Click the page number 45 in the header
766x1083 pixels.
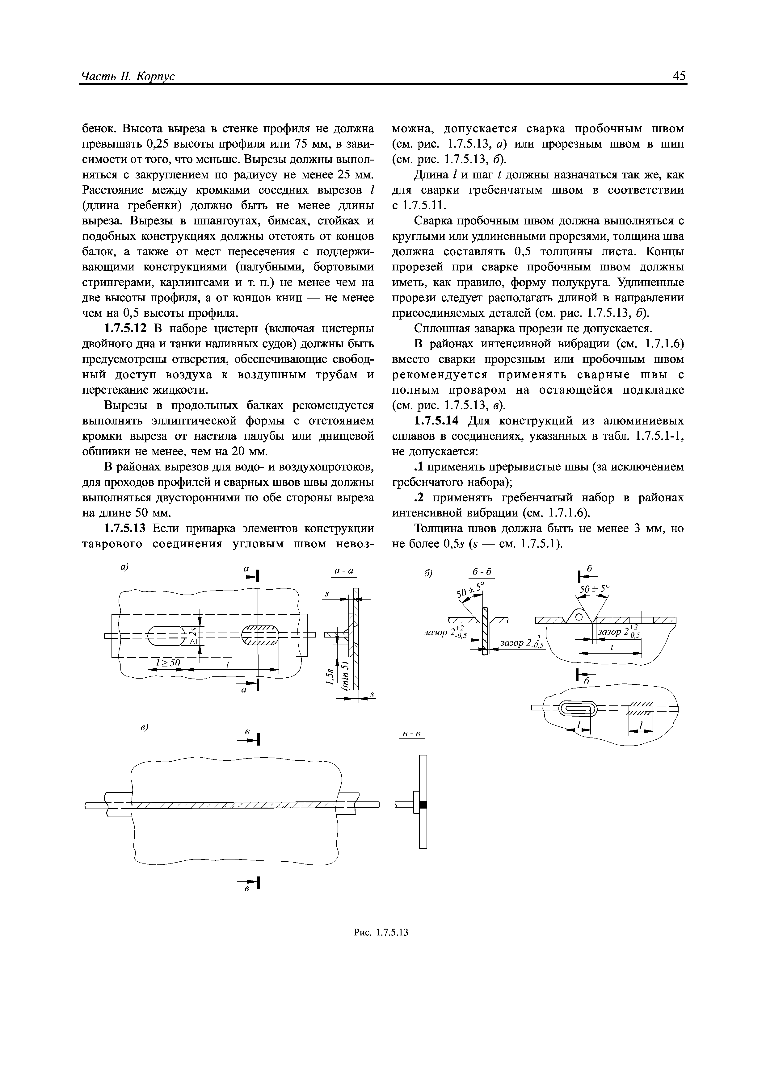point(679,76)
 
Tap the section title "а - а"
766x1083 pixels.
point(343,571)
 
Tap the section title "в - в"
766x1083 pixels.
point(412,734)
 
